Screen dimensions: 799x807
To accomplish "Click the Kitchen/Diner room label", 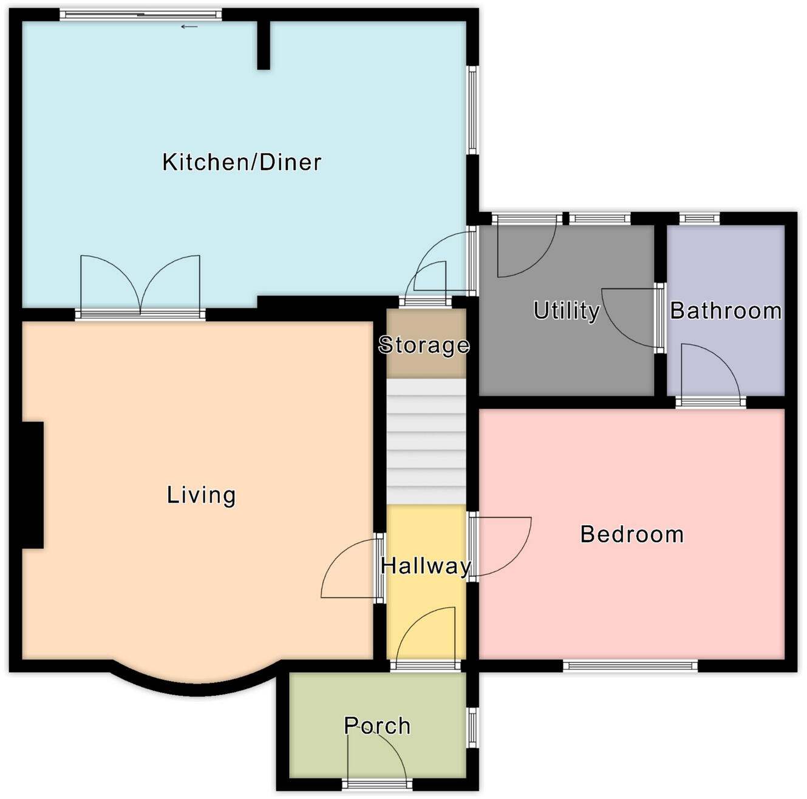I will (242, 162).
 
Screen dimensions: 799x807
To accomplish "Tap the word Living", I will (201, 495).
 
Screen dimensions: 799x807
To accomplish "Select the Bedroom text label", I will (632, 534).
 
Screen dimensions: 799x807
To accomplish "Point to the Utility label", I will (566, 310).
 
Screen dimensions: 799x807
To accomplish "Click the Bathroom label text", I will (726, 310).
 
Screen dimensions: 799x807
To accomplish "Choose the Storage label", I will (424, 345).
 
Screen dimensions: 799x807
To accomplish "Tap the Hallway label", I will (426, 566).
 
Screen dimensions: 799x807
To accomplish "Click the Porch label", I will (377, 726).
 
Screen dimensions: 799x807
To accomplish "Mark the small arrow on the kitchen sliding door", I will (189, 27).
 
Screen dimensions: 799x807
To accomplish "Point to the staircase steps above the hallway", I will (426, 441).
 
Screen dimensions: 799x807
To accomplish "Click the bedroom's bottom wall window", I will (630, 666).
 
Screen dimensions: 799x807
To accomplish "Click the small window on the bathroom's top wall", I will (699, 219).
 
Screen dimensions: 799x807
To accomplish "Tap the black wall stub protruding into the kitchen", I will (264, 46).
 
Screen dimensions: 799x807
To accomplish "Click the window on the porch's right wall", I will (472, 727).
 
